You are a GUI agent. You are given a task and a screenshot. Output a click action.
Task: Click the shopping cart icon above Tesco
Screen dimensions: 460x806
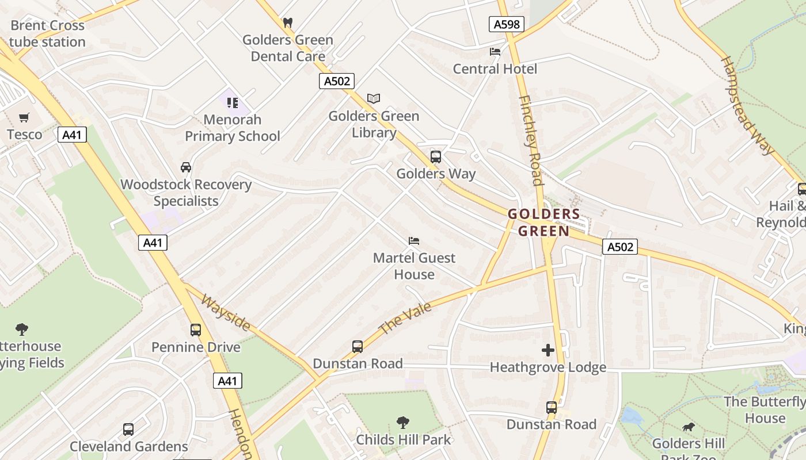click(24, 118)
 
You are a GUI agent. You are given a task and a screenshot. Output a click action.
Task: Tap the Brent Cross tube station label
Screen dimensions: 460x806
click(47, 33)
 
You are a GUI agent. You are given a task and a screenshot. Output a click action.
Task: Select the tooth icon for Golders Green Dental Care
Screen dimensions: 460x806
click(288, 23)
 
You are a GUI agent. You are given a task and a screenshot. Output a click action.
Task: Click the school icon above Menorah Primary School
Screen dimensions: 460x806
click(232, 103)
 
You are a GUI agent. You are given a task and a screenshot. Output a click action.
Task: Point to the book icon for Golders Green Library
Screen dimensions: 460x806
click(374, 99)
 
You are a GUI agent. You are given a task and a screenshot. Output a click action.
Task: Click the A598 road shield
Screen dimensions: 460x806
click(507, 24)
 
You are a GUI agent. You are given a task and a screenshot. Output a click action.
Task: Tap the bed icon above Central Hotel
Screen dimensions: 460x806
click(495, 52)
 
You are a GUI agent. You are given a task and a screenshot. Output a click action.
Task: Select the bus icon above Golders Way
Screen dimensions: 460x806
click(436, 156)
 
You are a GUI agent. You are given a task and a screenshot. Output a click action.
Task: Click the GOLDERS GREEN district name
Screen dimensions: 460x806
click(543, 223)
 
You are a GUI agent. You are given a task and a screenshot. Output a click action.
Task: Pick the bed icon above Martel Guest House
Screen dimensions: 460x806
click(414, 241)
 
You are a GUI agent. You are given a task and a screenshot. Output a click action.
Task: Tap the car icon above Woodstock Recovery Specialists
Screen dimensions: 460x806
click(186, 167)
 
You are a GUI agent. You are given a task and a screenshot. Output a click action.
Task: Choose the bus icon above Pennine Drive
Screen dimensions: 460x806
click(196, 330)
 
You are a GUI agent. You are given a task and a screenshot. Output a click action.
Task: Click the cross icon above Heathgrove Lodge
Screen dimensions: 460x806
click(548, 350)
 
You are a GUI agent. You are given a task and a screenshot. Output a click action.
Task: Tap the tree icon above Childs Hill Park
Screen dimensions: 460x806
click(403, 423)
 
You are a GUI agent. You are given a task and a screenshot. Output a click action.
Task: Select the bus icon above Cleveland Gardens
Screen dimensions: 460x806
click(128, 430)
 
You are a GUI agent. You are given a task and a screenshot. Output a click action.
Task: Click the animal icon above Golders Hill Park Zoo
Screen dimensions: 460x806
click(688, 427)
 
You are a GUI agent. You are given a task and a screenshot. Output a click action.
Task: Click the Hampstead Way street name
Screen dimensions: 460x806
click(747, 105)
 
